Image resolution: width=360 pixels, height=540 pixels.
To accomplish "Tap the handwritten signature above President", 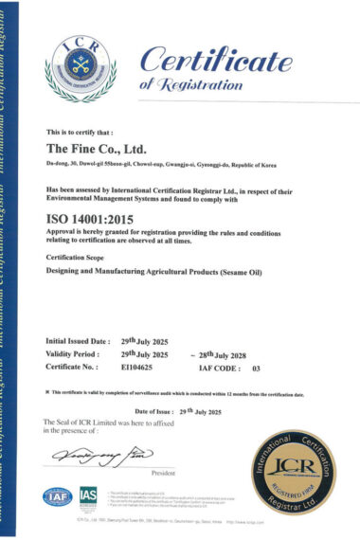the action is coord(106,458).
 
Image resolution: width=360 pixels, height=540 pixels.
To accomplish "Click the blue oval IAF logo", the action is coord(59,496).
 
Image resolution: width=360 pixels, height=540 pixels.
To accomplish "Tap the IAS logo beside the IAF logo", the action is coord(88,495).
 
